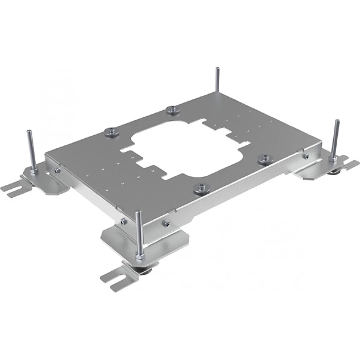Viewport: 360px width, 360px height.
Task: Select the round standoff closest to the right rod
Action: click(265, 158)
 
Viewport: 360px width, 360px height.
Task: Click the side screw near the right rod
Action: click(306, 156)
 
